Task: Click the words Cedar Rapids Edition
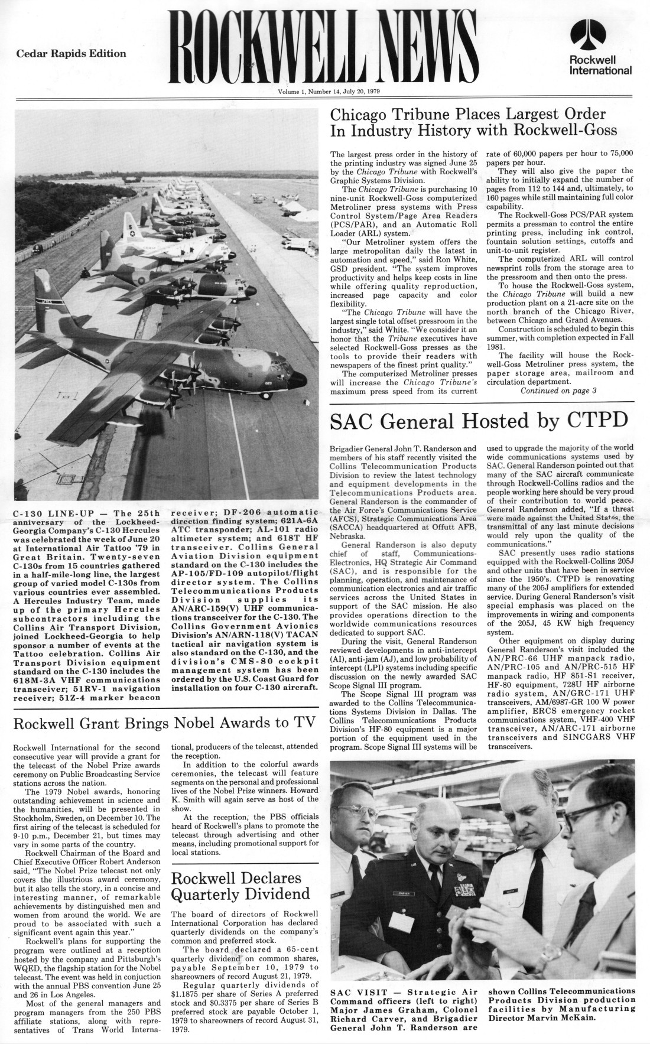click(x=71, y=54)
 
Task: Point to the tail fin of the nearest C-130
click(x=46, y=295)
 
